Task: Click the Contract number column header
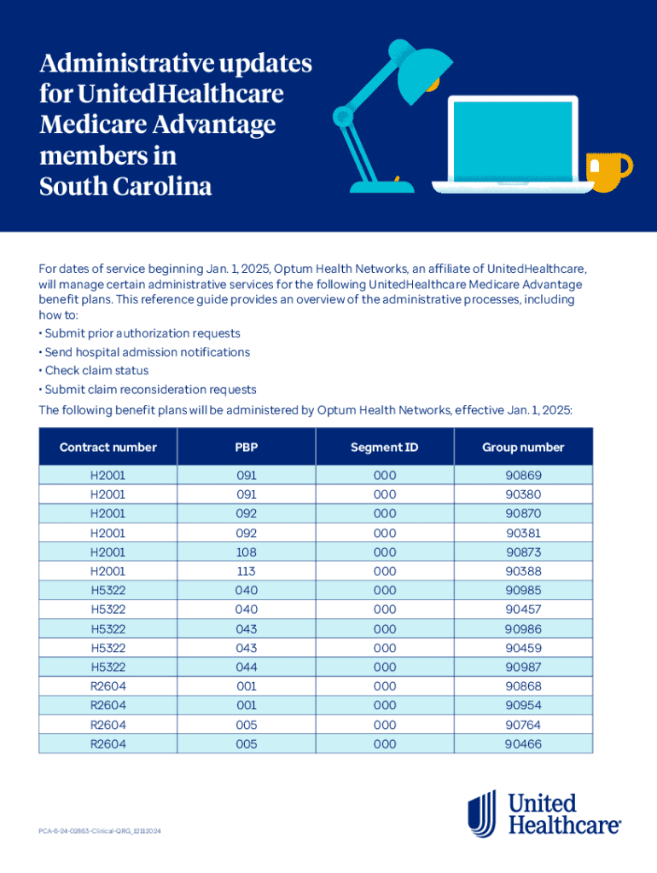click(x=108, y=447)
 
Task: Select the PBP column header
click(x=246, y=447)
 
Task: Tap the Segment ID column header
click(x=384, y=447)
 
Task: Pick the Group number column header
click(x=523, y=447)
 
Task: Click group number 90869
click(x=523, y=476)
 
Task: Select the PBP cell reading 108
click(x=246, y=552)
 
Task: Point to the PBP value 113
click(x=246, y=571)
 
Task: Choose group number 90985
click(x=523, y=591)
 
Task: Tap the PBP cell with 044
click(x=246, y=668)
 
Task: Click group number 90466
click(x=523, y=744)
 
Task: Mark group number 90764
click(x=523, y=725)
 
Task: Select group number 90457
click(x=523, y=610)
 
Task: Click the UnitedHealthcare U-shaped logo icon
click(x=482, y=812)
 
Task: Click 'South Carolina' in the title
click(x=125, y=187)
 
